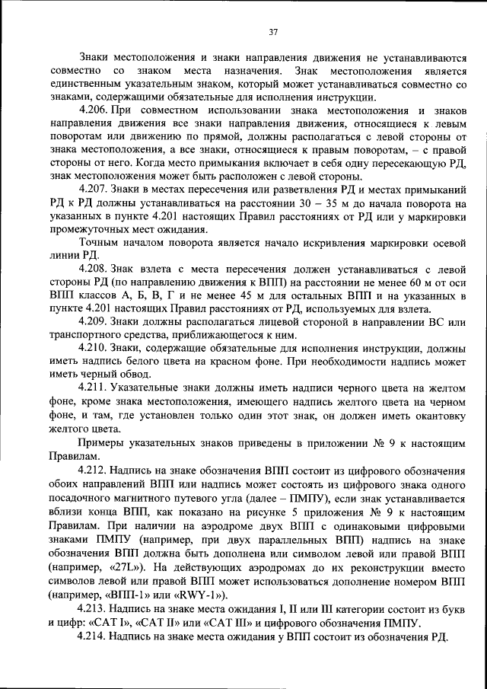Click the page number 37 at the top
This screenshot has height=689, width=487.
[x=274, y=32]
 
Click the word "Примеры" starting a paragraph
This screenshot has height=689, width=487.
[x=103, y=442]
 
